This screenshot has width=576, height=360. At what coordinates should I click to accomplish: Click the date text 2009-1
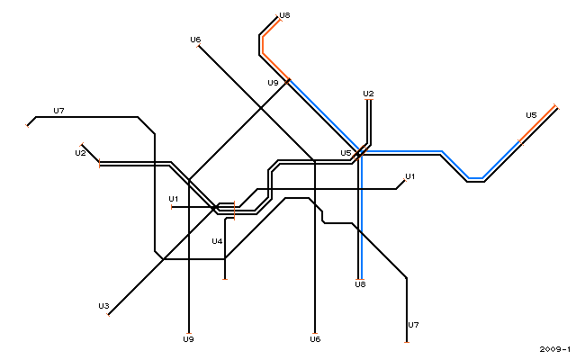[555, 349]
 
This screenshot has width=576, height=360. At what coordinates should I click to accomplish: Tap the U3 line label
[103, 306]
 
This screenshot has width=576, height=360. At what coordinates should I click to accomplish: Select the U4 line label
[217, 241]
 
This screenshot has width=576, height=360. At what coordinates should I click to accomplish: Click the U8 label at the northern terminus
[284, 15]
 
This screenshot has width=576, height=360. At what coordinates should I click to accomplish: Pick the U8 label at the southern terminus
[360, 284]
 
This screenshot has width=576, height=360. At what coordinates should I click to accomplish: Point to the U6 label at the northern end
[195, 40]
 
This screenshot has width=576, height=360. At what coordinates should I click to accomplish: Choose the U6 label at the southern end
[315, 339]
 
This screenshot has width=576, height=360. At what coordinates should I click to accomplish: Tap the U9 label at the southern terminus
[188, 339]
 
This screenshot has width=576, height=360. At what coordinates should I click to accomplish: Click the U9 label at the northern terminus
[273, 83]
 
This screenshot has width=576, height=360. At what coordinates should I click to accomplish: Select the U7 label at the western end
[58, 111]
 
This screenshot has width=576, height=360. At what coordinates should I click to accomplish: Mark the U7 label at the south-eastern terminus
[413, 325]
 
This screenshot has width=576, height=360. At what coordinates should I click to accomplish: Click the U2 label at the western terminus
[80, 153]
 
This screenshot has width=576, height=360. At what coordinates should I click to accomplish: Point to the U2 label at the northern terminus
[368, 94]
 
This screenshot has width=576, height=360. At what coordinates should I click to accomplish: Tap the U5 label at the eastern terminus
[531, 115]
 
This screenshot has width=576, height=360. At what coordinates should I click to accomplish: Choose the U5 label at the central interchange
[346, 153]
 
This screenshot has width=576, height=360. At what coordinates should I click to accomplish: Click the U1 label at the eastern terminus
[410, 176]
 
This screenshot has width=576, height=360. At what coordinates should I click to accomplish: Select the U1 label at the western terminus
[174, 199]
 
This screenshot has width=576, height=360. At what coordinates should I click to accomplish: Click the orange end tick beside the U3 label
[108, 315]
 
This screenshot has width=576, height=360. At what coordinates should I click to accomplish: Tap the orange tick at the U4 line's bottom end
[225, 280]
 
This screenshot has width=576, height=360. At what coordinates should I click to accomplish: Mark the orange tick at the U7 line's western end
[27, 126]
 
